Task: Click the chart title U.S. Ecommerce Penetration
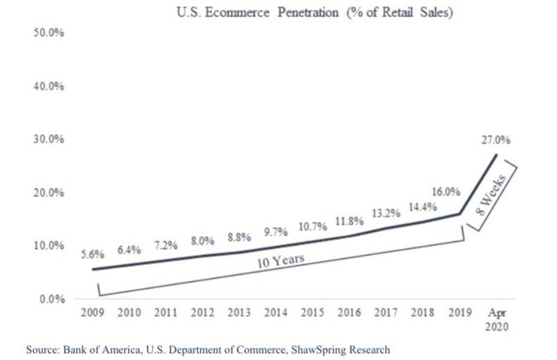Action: pos(314,13)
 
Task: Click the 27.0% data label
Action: pos(495,140)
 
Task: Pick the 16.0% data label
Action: pos(446,192)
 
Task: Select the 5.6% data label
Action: pos(92,254)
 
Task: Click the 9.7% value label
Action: pos(276,232)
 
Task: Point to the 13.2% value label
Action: pos(386,213)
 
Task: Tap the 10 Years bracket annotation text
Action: pos(281,261)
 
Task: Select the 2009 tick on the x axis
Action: pos(92,313)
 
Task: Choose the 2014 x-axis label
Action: pos(276,313)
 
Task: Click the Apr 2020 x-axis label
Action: pos(496,319)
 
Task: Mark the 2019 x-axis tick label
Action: pos(459,313)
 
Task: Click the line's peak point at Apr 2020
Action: pos(497,154)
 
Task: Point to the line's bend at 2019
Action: pos(460,214)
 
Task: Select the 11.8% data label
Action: pos(349,221)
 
